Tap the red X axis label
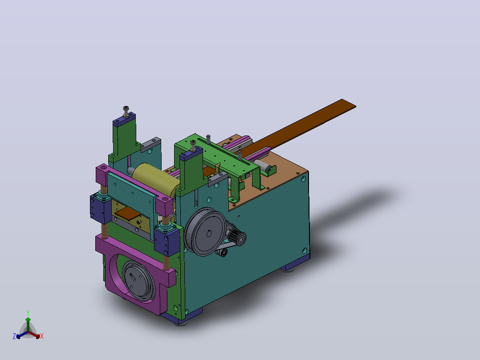(42, 336)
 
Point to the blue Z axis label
(14, 336)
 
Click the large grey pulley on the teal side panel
(205, 232)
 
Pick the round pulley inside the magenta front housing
(138, 281)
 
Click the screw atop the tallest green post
(126, 111)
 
